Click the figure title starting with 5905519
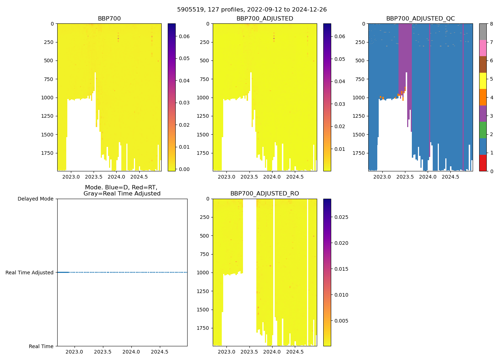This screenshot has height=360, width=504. pos(252,10)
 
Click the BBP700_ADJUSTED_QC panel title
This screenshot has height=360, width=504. pos(420,19)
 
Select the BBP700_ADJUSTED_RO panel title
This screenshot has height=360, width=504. pos(265,194)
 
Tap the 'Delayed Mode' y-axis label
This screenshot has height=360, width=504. pos(35,199)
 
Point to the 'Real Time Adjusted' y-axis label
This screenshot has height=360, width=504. pos(30,273)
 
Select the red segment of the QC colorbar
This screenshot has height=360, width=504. pos(483,163)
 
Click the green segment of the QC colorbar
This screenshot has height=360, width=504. pos(483,130)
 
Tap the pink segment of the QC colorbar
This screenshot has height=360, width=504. pos(483,48)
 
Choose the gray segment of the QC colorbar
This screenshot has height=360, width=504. pos(483,32)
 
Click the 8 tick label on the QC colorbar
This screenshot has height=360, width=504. pos(491,24)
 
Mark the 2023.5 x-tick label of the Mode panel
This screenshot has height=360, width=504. pos(103,352)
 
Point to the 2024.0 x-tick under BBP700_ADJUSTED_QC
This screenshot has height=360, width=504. pos(427,177)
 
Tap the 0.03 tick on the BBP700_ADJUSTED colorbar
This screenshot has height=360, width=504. pos(339,104)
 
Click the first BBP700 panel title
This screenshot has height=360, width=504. pos(109,19)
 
